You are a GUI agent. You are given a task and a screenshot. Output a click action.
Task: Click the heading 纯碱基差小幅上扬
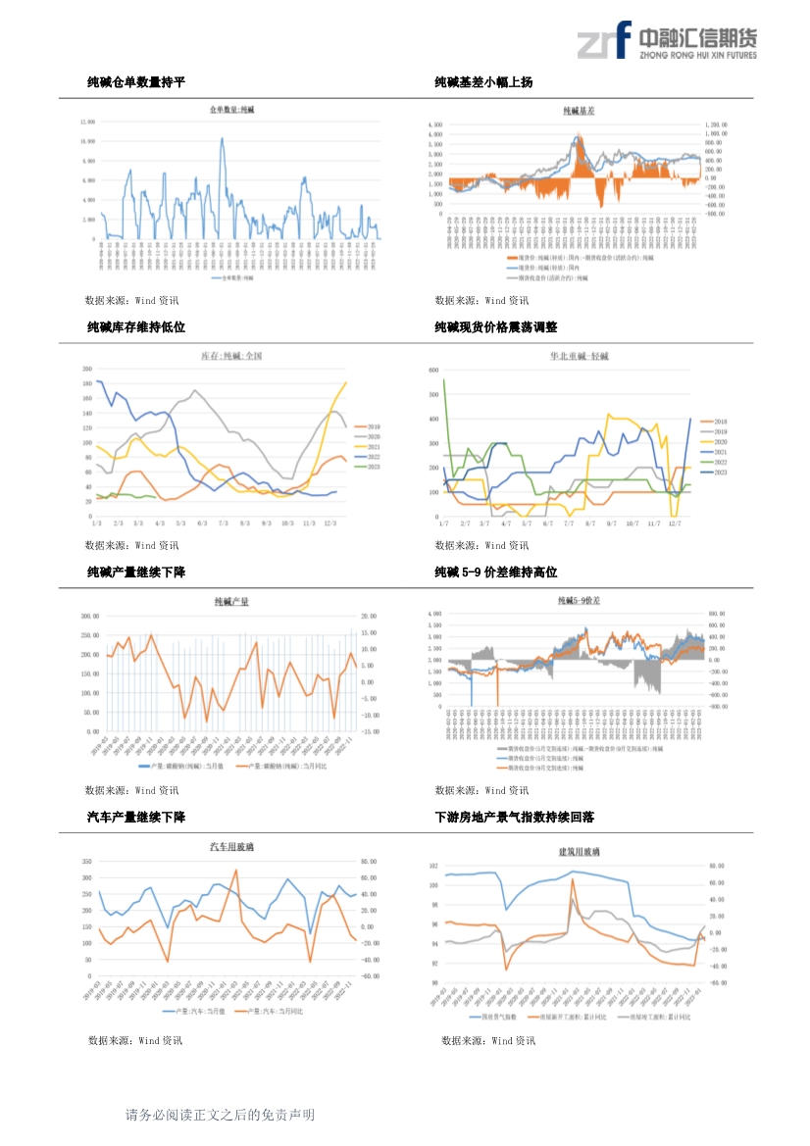(x=483, y=83)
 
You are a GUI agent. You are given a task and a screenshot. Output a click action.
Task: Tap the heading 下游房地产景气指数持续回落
(x=515, y=817)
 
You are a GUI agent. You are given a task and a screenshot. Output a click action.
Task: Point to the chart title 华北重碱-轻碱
(x=580, y=356)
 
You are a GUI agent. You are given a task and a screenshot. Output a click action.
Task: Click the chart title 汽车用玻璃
(x=232, y=846)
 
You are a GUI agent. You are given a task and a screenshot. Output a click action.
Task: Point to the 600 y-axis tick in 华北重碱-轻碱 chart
(x=435, y=371)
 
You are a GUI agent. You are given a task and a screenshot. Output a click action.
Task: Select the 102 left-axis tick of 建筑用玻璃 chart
(x=434, y=867)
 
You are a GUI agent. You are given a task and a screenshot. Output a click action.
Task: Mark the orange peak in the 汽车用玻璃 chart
(x=235, y=870)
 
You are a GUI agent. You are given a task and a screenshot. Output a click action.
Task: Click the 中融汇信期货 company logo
(x=667, y=41)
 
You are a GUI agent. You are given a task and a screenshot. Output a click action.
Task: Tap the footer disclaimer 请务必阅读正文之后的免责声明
(x=220, y=1115)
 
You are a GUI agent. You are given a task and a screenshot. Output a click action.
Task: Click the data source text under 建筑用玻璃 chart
(x=488, y=1040)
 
